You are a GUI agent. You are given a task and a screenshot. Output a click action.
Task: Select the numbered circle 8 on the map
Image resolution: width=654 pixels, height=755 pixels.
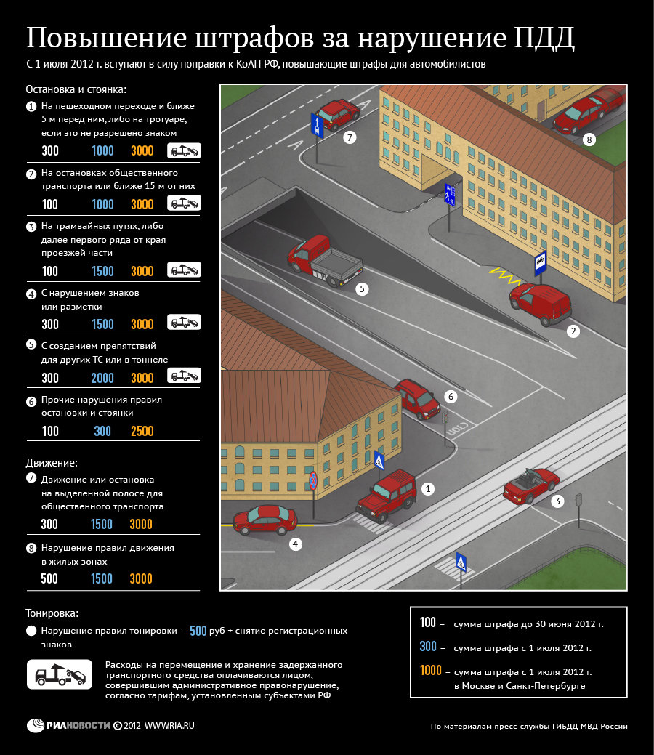coord(589,139)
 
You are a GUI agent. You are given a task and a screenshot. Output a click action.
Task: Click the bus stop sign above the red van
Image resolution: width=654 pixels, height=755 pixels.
coord(540,262)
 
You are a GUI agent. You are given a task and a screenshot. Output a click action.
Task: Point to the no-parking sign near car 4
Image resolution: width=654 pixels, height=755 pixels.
coord(313,480)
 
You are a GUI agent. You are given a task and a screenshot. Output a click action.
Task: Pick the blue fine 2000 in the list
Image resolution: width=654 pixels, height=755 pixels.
coord(102,378)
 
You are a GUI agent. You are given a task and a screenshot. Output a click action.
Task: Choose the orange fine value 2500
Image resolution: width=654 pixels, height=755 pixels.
coord(142,431)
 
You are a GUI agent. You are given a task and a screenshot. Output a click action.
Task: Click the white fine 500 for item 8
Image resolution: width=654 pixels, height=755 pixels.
coord(50,578)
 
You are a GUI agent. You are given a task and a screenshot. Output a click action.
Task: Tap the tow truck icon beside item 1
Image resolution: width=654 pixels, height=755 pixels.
coord(184,150)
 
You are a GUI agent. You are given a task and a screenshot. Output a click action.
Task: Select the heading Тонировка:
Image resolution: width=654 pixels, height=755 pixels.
coord(52,613)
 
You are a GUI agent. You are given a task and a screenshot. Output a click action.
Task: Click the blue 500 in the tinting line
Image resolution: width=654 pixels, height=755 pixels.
coord(198,631)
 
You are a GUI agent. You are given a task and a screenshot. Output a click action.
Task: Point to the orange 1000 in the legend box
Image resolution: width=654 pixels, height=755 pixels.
coord(431,671)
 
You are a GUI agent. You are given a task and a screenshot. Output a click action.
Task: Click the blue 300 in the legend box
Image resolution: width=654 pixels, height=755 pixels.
coord(428,647)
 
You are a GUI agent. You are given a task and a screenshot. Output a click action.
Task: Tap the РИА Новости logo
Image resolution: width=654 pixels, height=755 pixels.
coord(68,725)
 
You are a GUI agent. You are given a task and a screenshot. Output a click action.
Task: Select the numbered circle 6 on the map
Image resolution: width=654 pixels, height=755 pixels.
coord(451,397)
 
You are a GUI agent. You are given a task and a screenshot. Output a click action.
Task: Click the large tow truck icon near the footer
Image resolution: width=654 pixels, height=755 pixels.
coord(59,674)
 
